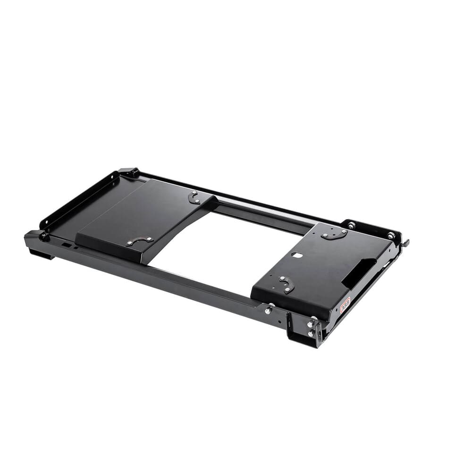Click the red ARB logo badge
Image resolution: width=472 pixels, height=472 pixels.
pos(345,306)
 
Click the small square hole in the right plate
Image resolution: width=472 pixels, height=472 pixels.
pos(297,255)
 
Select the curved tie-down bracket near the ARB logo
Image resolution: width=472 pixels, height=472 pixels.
pos(287,284)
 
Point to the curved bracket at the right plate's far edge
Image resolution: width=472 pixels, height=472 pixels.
pos(334,234)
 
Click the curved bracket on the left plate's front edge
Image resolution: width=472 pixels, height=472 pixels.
pos(139,241)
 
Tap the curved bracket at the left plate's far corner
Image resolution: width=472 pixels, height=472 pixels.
pos(194,197)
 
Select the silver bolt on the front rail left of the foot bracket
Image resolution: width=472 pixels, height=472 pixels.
pos(268,310)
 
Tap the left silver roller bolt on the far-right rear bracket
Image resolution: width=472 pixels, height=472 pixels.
pos(351,226)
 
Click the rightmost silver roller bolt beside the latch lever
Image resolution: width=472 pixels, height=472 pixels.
pos(391,235)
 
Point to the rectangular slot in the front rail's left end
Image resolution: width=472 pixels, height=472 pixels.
pos(67,245)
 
